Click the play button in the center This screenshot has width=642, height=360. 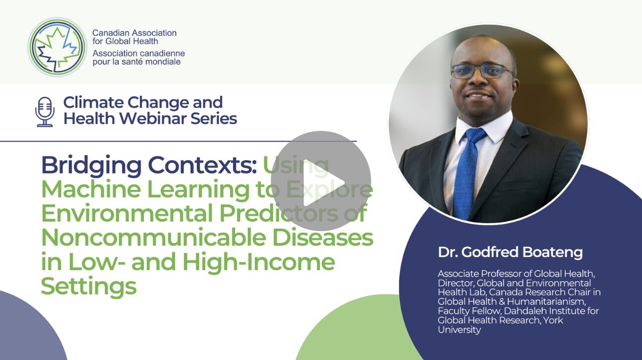pos(321,181)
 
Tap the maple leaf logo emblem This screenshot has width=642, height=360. pos(58,47)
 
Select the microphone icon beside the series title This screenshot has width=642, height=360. pos(45,112)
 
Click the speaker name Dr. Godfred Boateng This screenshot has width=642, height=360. pos(510,252)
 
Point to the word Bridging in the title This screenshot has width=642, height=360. pos(91,166)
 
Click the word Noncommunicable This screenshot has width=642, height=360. pos(154,238)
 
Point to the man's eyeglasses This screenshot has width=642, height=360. pos(482,71)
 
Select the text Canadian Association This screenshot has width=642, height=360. pos(134,33)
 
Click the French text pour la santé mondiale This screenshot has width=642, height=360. pos(136,62)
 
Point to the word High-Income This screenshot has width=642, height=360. pos(259,262)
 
